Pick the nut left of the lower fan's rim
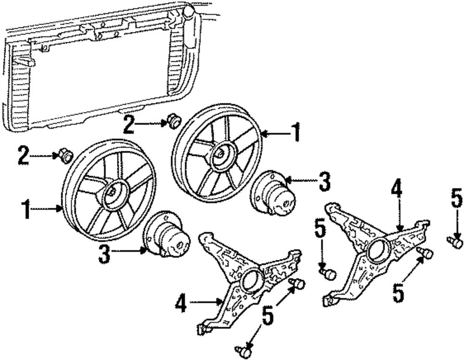pos(65,156)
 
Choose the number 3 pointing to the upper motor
pos(324,181)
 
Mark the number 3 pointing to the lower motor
pos(105,254)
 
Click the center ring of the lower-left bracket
pos(252,280)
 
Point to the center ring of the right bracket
pos(378,251)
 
